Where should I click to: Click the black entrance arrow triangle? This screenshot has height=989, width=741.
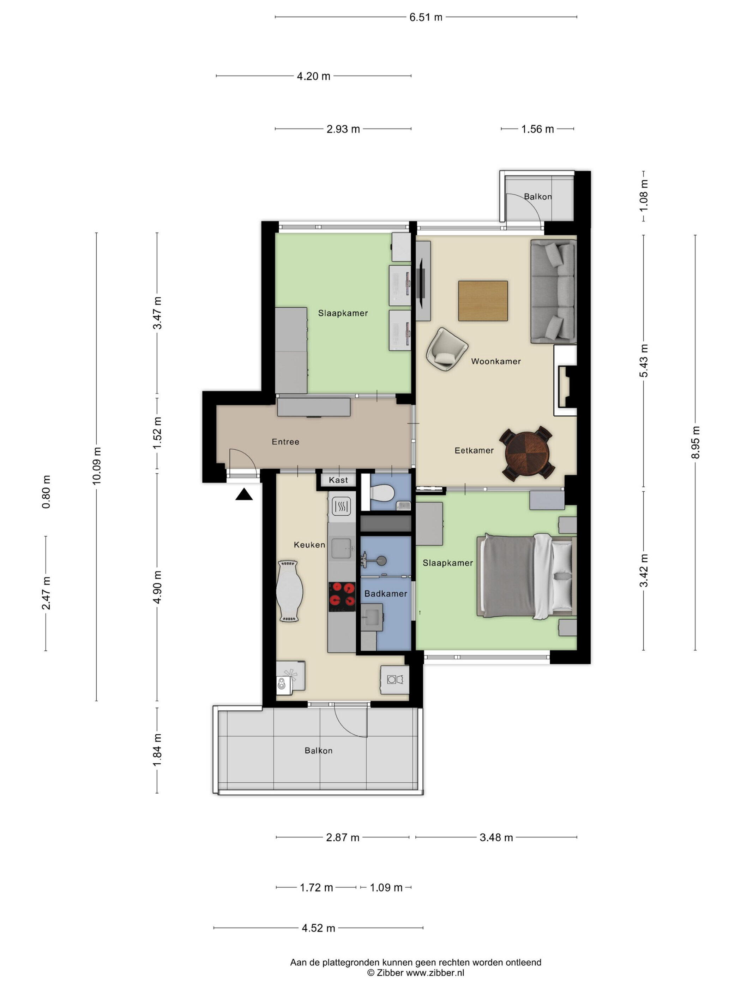coord(244,494)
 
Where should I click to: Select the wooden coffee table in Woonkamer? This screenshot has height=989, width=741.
coord(483,301)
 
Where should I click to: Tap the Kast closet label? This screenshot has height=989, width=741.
coord(338,480)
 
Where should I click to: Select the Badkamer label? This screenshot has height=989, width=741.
coord(385,594)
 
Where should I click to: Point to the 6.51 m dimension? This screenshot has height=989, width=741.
coord(426,17)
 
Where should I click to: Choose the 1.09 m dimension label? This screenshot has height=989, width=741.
coord(386,888)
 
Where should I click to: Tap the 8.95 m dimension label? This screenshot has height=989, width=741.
coord(695,443)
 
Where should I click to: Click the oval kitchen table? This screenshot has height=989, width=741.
coord(290,591)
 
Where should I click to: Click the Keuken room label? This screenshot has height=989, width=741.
coord(309,545)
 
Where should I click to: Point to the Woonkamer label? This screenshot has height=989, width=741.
coord(496,361)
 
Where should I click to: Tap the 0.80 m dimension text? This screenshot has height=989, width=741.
coord(46,492)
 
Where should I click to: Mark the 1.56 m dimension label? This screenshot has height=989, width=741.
coord(537,129)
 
